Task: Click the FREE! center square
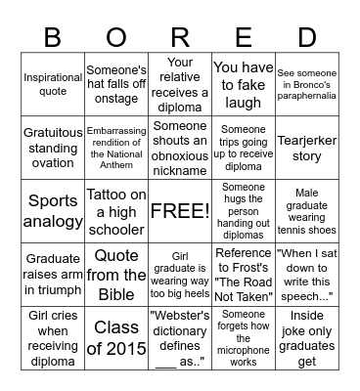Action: (180, 210)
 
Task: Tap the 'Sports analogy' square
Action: (53, 210)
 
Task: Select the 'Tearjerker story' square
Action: (307, 148)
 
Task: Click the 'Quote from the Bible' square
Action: (116, 273)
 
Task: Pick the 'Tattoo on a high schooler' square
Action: (116, 210)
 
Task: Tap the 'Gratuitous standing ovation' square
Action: (53, 148)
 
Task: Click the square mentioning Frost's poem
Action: (244, 273)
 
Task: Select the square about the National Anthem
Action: (116, 148)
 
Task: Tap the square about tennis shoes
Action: (307, 210)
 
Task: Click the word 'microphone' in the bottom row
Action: (244, 348)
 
